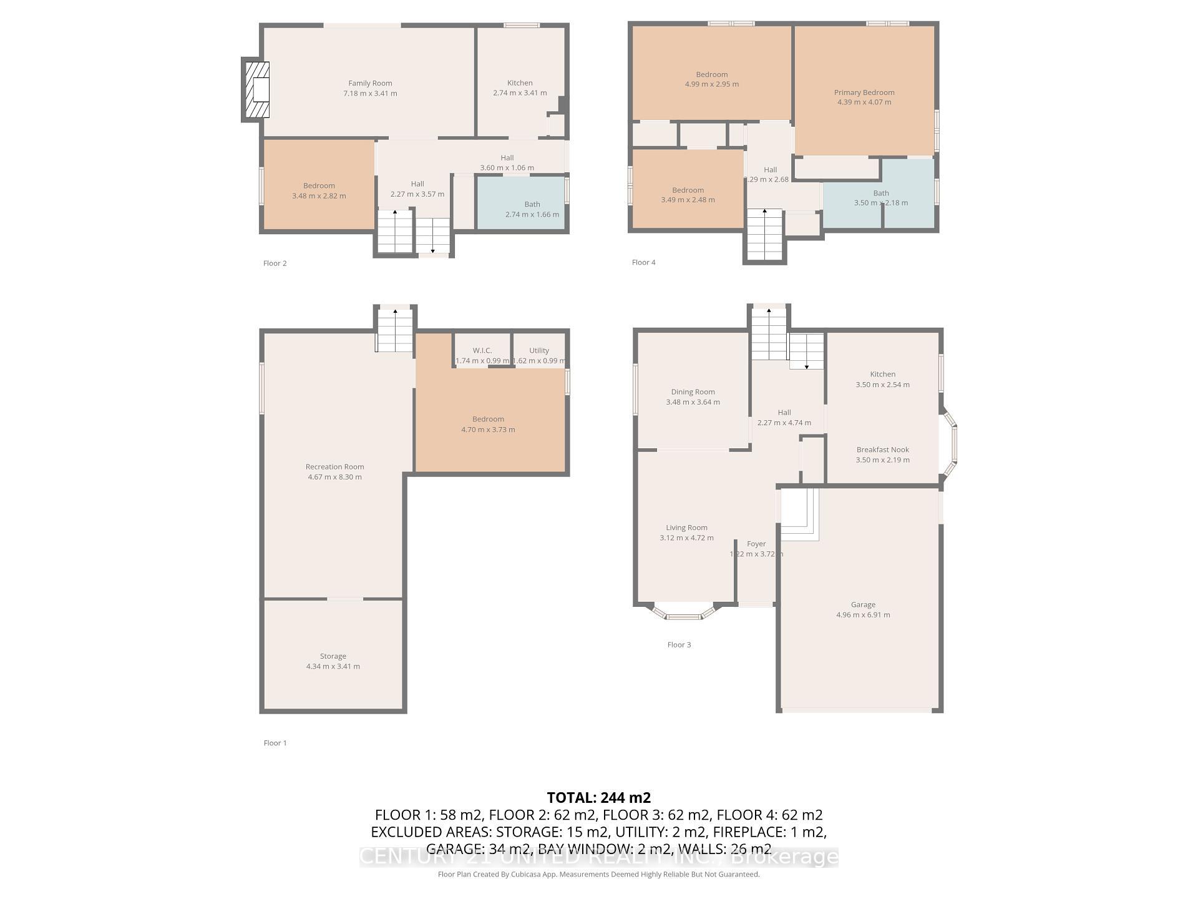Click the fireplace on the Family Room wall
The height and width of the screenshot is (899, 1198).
click(x=256, y=89)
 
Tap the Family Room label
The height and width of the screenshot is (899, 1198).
click(x=370, y=83)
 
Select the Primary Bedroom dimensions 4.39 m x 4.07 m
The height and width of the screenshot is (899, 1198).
click(x=864, y=102)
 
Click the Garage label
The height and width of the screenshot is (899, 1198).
click(x=863, y=604)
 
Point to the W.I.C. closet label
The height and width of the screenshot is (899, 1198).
click(x=482, y=350)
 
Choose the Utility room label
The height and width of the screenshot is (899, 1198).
click(x=539, y=350)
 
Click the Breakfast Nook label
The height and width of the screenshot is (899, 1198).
click(x=882, y=449)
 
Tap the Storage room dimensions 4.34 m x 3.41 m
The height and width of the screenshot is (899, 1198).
click(x=333, y=666)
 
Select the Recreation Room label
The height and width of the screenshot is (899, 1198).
click(x=334, y=466)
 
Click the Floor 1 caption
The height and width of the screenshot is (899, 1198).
click(x=275, y=743)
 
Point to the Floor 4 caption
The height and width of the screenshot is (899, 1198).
click(x=643, y=262)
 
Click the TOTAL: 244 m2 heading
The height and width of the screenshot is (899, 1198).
click(x=598, y=797)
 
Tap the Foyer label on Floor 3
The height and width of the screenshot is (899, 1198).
click(x=756, y=544)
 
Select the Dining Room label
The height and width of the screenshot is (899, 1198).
click(x=693, y=392)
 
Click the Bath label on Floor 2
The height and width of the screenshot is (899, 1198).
click(x=532, y=204)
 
